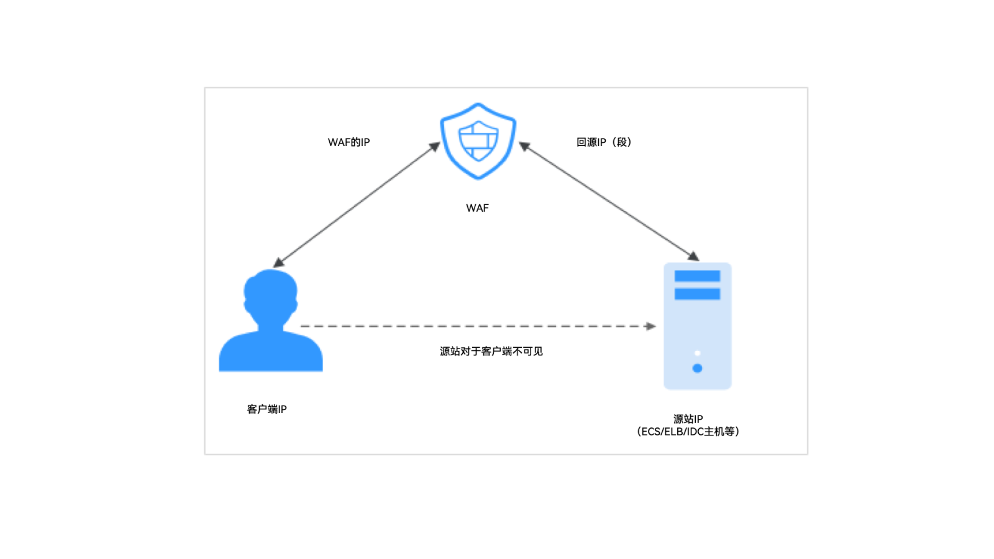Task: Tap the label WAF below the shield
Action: (477, 208)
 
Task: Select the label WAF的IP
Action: (349, 142)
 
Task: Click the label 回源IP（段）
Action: (603, 142)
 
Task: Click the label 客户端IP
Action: (267, 409)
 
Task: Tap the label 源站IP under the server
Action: (688, 419)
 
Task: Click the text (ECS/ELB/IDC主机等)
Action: (688, 432)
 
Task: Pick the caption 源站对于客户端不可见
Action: (491, 352)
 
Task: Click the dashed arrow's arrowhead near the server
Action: (651, 326)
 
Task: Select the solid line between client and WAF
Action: (357, 205)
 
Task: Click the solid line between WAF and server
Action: (609, 201)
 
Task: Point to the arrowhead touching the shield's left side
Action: (435, 147)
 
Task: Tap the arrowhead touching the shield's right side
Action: (524, 146)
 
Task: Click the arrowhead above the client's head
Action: (279, 263)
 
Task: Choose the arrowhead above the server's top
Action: (693, 256)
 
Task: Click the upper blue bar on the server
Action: (697, 276)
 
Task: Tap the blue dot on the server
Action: (697, 368)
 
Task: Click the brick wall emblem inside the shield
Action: (478, 140)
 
